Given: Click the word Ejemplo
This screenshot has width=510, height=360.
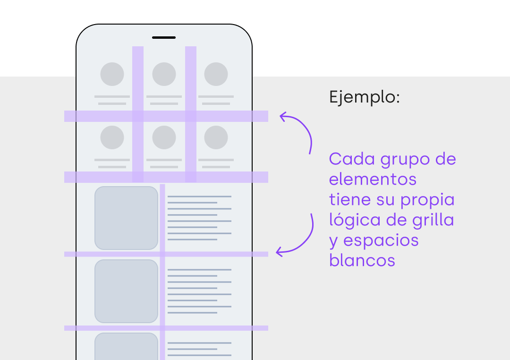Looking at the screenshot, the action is tap(364, 98).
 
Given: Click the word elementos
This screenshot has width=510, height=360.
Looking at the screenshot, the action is tap(373, 180).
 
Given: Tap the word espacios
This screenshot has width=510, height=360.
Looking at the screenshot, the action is tap(381, 241).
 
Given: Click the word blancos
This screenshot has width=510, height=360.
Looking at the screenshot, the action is tap(362, 260).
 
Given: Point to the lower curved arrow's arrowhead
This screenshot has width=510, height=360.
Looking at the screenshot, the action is tap(279, 251).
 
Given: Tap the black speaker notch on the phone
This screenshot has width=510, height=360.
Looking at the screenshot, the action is tap(164, 37).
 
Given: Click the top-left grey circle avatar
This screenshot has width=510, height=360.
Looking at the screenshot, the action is tap(112, 74).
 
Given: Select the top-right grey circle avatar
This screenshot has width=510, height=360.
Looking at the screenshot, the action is tap(216, 74).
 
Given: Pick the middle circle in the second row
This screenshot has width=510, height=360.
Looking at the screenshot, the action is tap(164, 137).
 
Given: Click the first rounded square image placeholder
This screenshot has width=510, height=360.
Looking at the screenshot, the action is tap(126, 218).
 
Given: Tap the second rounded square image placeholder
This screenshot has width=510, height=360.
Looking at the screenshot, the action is tap(126, 291).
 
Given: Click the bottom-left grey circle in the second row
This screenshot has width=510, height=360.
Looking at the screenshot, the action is tap(112, 137).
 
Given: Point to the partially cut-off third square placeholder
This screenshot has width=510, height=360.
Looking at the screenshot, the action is tap(126, 346).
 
